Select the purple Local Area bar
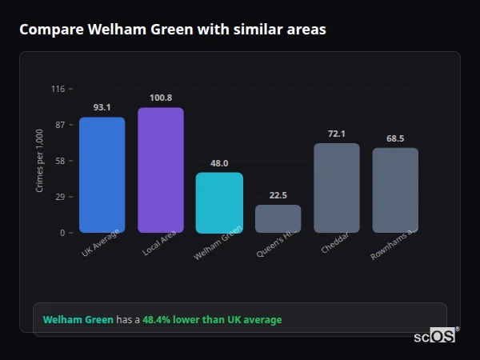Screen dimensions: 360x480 pyautogui.click(x=160, y=170)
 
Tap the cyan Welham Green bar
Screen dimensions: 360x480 pyautogui.click(x=219, y=202)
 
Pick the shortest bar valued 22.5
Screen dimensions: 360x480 pyautogui.click(x=278, y=218)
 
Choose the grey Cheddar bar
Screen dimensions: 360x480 pyautogui.click(x=336, y=188)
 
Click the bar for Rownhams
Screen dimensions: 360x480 pyautogui.click(x=395, y=190)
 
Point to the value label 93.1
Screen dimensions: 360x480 pyautogui.click(x=102, y=107)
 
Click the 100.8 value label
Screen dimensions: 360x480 pyautogui.click(x=160, y=98)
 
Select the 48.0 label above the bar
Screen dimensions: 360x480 pyautogui.click(x=219, y=163)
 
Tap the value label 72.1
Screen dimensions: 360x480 pyautogui.click(x=336, y=134)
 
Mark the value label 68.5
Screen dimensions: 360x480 pyautogui.click(x=395, y=138)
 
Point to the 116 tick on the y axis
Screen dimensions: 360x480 pyautogui.click(x=58, y=89)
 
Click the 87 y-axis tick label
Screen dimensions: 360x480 pyautogui.click(x=59, y=125)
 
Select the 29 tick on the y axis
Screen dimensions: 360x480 pyautogui.click(x=59, y=197)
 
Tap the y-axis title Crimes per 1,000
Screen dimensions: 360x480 pyautogui.click(x=40, y=161)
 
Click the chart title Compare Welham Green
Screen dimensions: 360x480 pyautogui.click(x=172, y=30)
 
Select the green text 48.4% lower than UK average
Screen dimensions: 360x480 pyautogui.click(x=212, y=320)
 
